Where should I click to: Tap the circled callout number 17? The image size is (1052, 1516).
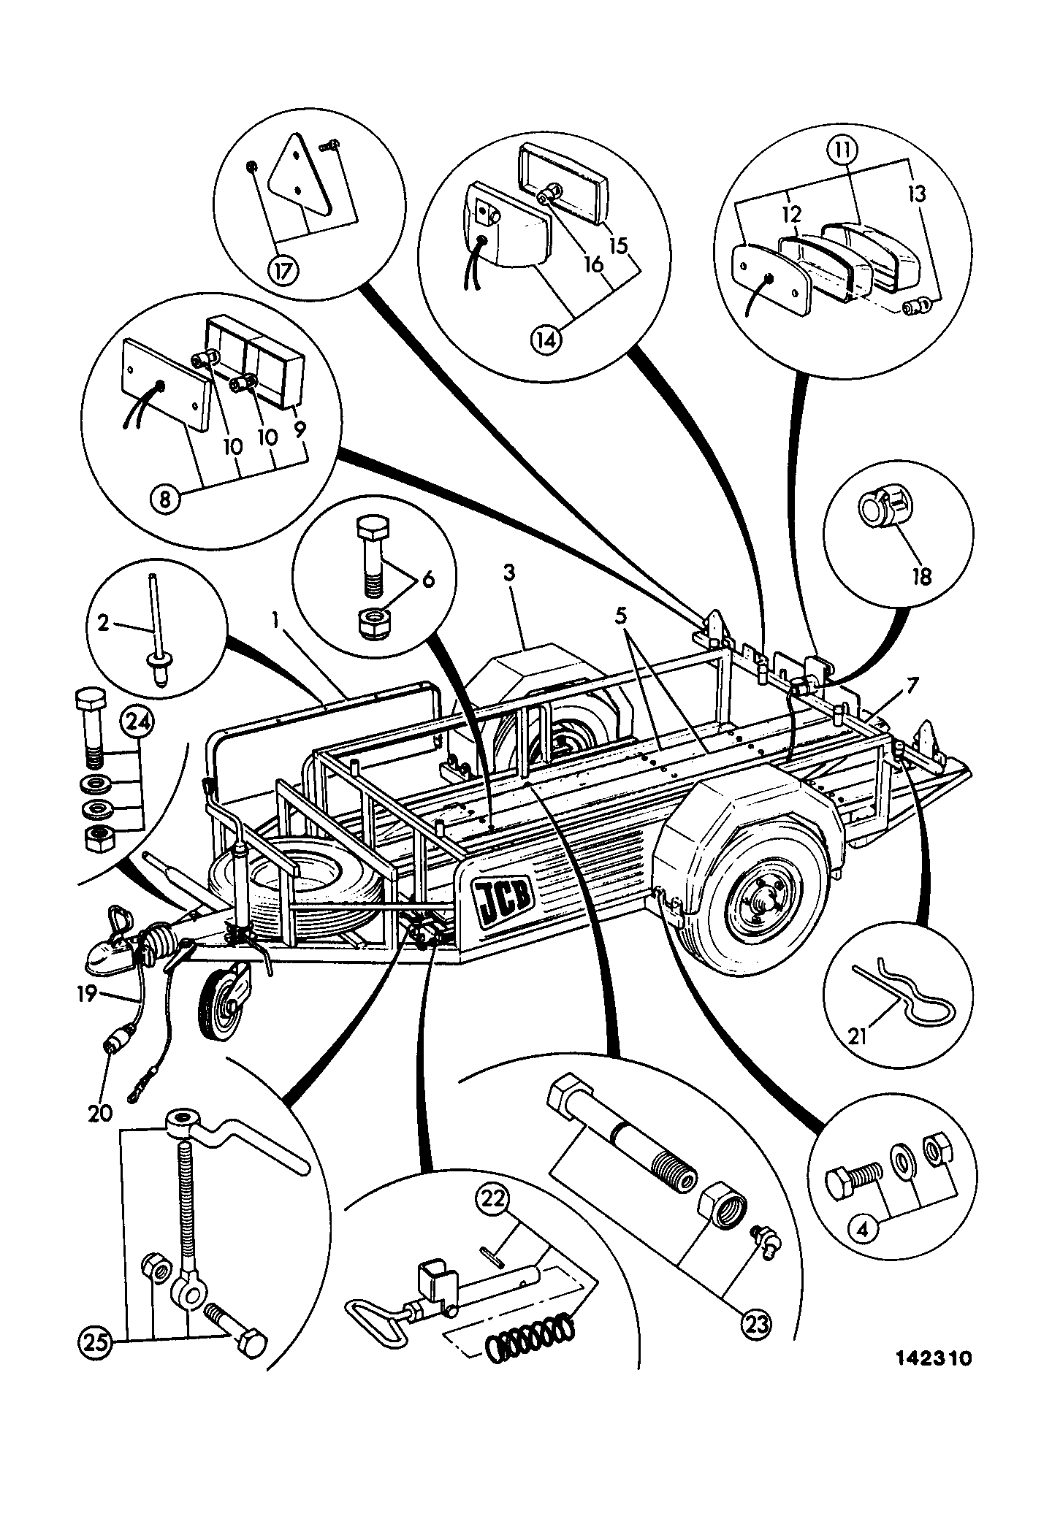[x=283, y=271]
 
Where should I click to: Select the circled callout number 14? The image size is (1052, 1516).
[x=548, y=339]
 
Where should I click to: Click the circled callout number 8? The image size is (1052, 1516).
[x=165, y=499]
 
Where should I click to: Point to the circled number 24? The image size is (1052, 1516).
[x=139, y=723]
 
